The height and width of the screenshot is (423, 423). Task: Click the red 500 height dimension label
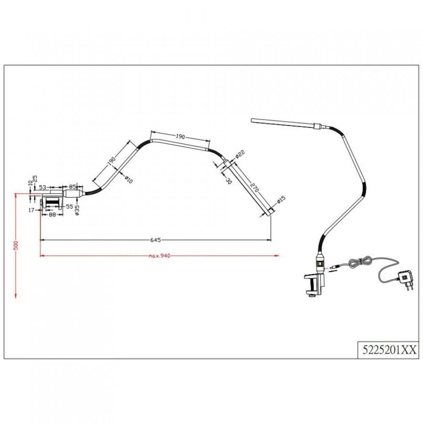tap(16, 245)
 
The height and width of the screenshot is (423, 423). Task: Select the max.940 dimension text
tap(159, 256)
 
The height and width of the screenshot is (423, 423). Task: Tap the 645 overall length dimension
tap(156, 240)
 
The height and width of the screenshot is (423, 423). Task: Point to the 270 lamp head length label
tap(255, 187)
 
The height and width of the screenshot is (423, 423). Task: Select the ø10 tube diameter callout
tap(129, 179)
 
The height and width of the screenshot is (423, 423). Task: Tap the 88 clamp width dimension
tap(52, 215)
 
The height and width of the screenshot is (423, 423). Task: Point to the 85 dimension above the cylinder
tap(72, 187)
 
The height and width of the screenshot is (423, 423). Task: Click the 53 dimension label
tap(43, 187)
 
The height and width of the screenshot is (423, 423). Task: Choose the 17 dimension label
tap(31, 210)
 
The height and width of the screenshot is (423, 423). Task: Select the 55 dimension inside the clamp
tap(70, 206)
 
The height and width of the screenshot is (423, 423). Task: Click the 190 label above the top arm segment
tap(181, 137)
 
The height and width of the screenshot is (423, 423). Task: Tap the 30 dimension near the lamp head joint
tap(228, 181)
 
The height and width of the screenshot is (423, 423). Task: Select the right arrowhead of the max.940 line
tap(277, 255)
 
